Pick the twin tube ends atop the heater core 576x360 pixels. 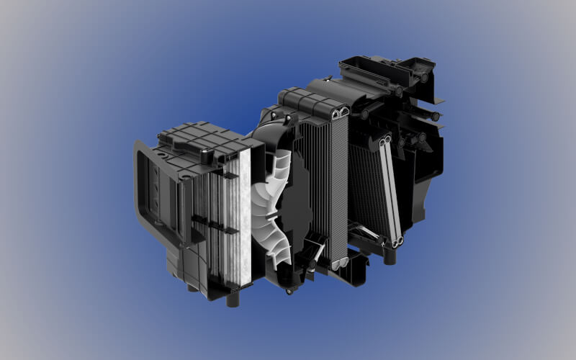coord(382,140)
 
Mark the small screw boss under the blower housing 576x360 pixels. coord(289,290)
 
